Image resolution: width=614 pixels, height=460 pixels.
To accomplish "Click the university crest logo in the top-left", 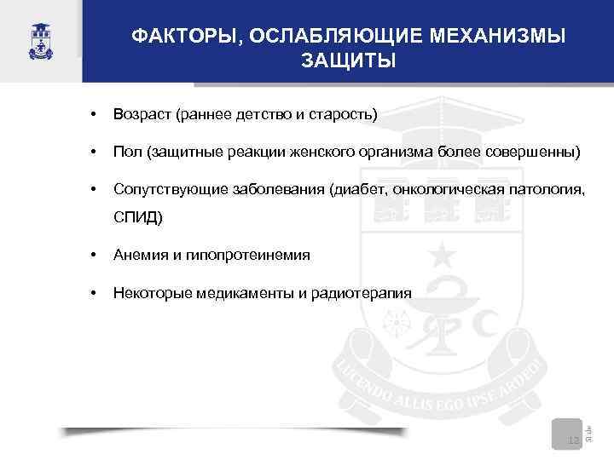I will [x=39, y=40].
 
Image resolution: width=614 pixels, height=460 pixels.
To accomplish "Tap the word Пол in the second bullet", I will [x=126, y=152].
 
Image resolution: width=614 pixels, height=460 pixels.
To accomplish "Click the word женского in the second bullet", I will [x=315, y=152].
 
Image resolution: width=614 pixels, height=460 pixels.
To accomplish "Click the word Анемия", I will [x=139, y=255].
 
